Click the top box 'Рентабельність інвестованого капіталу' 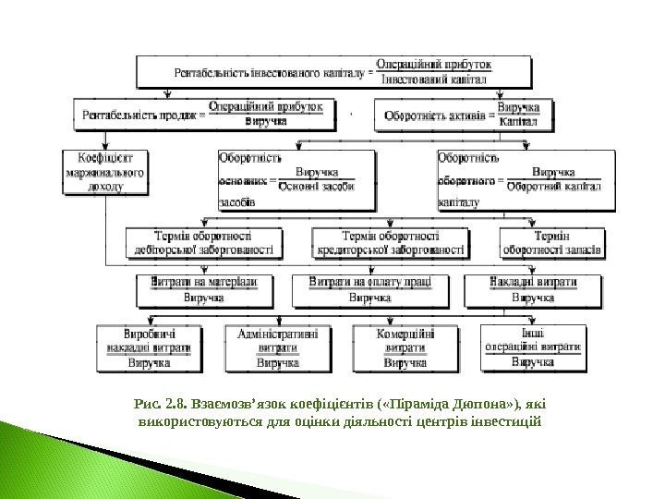point(334,70)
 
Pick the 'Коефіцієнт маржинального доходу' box point(106,172)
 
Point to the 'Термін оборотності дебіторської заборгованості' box point(202,242)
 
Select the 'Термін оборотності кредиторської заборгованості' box point(390,242)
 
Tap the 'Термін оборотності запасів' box point(553,242)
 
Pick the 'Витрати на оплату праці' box point(364,290)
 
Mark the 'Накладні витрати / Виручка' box point(535,290)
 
